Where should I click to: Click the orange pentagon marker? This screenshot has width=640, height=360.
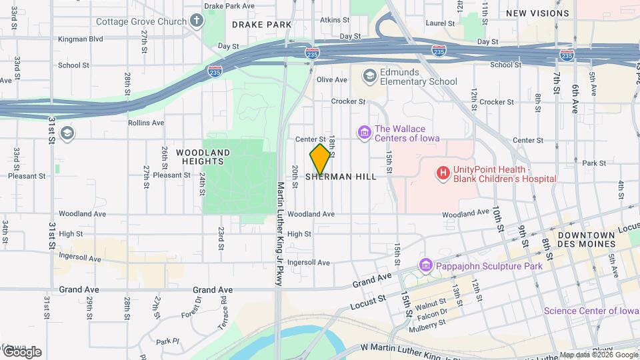(x=321, y=159)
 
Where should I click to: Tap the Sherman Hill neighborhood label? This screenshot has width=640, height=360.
(x=341, y=177)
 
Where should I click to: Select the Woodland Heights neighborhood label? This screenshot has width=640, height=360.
(x=203, y=157)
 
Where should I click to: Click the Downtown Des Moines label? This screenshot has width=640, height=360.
(x=586, y=240)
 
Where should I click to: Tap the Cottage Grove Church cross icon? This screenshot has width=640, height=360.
(x=196, y=21)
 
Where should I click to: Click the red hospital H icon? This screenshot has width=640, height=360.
(x=443, y=174)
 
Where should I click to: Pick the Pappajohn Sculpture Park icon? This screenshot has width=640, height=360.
(x=425, y=266)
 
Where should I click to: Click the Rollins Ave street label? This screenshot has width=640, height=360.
(x=146, y=123)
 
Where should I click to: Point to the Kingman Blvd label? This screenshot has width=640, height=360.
(x=80, y=39)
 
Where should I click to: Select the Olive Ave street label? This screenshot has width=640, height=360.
(x=332, y=80)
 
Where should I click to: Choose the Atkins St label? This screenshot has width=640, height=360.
(x=331, y=20)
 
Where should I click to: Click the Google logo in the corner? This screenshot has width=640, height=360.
(x=21, y=351)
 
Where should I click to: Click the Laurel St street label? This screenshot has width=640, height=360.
(x=439, y=23)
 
